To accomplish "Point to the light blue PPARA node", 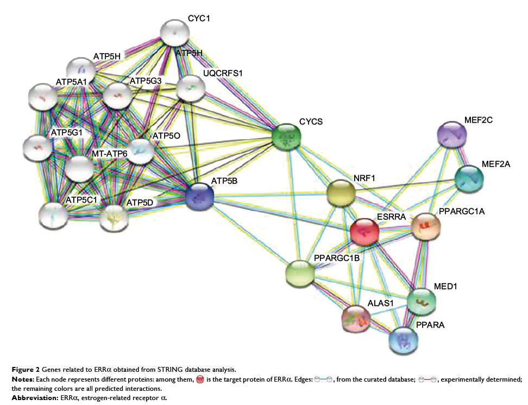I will [404, 340].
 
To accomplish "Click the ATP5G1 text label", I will [67, 132].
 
